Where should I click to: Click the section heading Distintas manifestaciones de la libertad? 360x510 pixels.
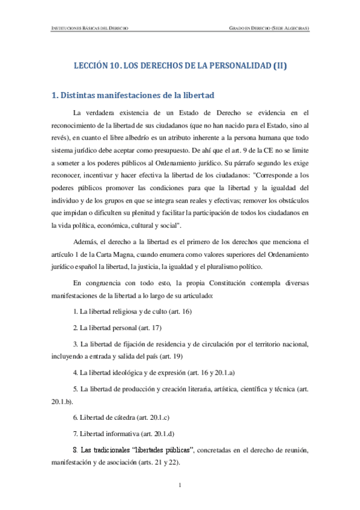[133, 94]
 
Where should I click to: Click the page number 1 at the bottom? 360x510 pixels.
[180, 485]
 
